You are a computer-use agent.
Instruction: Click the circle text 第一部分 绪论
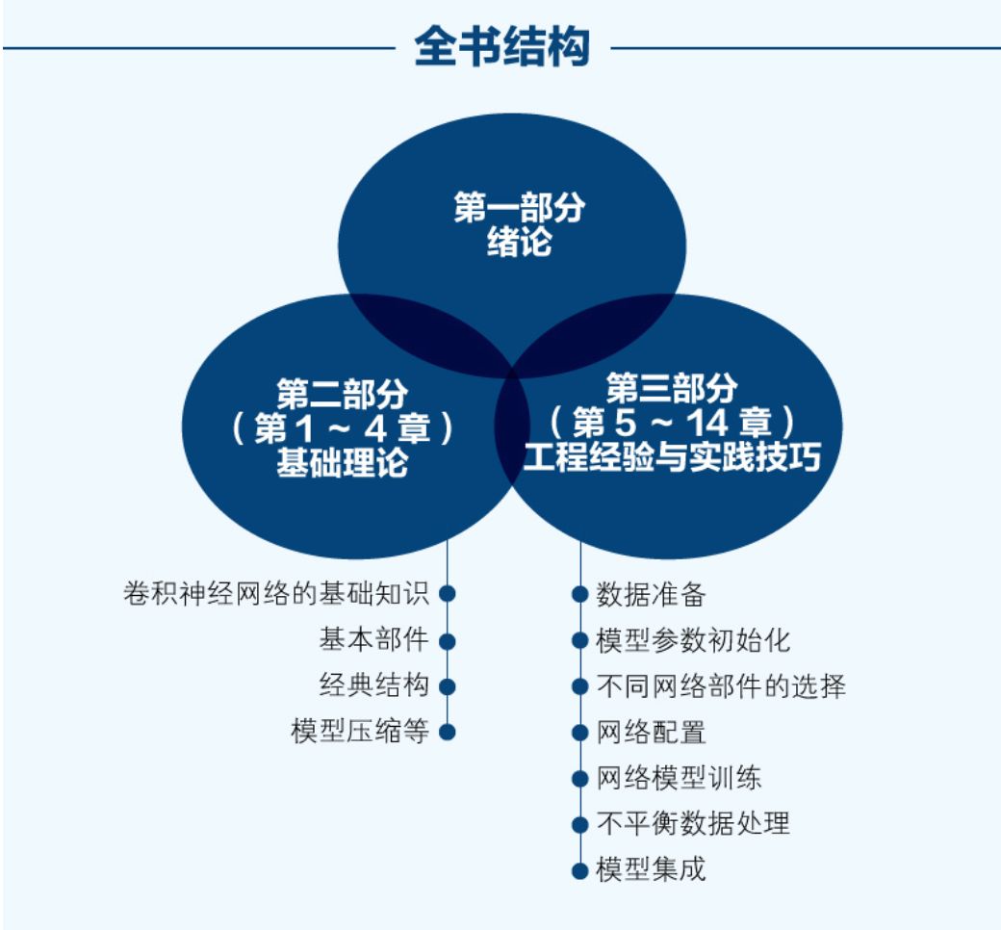(x=519, y=224)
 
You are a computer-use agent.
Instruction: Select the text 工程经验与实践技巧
(x=672, y=458)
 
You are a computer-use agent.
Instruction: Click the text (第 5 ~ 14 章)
(x=672, y=423)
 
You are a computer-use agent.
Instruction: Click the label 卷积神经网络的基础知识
(x=276, y=593)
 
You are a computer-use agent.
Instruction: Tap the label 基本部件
(x=373, y=639)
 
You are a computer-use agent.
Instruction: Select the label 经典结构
(x=373, y=685)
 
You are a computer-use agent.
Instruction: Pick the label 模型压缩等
(x=359, y=731)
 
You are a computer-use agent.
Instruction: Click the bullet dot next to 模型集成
(x=579, y=870)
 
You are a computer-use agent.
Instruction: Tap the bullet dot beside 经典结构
(x=447, y=686)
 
